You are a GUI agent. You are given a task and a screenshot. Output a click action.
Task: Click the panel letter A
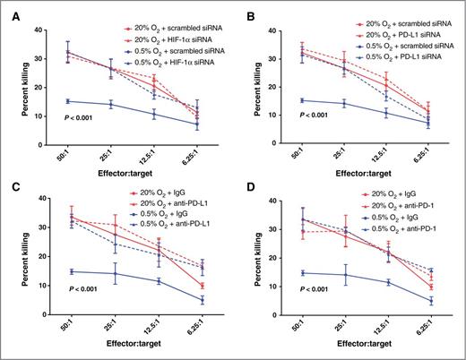[x=9, y=10]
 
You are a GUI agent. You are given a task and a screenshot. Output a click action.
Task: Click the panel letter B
[x=242, y=10]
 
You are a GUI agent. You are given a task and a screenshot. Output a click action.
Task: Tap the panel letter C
[x=9, y=190]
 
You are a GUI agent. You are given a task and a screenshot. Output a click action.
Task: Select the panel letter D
[x=242, y=190]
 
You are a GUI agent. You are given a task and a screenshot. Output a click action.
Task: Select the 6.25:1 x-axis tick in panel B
[x=431, y=154]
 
